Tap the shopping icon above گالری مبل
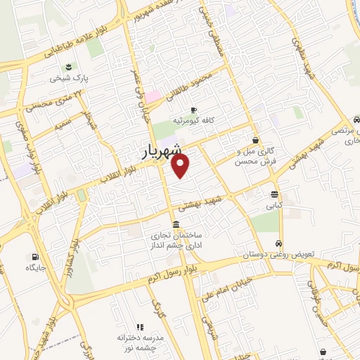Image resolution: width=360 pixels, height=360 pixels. click(255, 140)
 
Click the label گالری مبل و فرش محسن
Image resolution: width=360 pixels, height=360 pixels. click(253, 156)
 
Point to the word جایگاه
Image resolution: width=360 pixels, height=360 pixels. click(36, 269)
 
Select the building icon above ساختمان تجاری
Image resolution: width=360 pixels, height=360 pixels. click(174, 224)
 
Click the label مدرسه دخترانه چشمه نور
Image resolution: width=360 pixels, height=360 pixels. click(140, 343)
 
